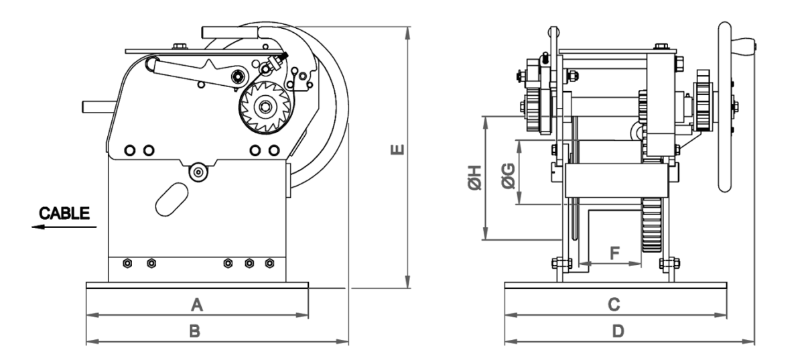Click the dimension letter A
click(x=197, y=304)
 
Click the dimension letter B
click(x=194, y=331)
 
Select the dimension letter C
click(x=614, y=304)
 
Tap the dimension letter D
click(x=618, y=331)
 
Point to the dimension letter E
click(x=397, y=149)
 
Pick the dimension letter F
click(x=615, y=253)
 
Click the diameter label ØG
click(x=509, y=176)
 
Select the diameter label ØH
click(x=474, y=178)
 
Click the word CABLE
click(x=64, y=213)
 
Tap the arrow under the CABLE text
click(x=64, y=227)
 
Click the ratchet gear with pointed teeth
click(x=265, y=107)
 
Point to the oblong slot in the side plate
click(x=172, y=199)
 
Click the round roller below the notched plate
click(x=198, y=172)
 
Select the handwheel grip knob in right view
click(x=744, y=47)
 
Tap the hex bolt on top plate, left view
click(x=180, y=46)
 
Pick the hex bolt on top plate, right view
click(x=661, y=46)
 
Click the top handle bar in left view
click(x=230, y=32)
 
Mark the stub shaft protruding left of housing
click(x=99, y=107)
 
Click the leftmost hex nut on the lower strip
click(x=127, y=263)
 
